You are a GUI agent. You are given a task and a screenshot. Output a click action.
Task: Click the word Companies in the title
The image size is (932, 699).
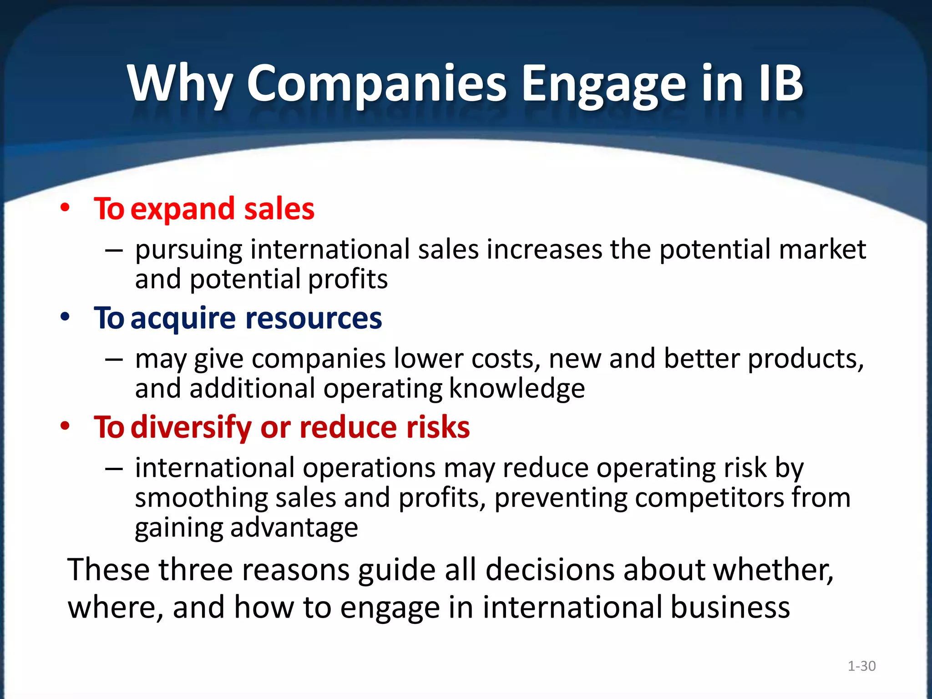click(376, 84)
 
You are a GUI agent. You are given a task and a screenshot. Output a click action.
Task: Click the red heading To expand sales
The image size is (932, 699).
click(204, 209)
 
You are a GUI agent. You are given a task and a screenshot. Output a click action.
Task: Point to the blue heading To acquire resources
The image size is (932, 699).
click(238, 318)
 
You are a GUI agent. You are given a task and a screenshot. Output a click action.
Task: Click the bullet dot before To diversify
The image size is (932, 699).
click(65, 426)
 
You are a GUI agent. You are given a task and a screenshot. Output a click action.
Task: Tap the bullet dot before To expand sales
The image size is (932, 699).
click(65, 208)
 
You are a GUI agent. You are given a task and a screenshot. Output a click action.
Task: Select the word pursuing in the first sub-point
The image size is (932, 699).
click(188, 250)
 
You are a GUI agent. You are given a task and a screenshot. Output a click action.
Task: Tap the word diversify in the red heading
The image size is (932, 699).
click(191, 427)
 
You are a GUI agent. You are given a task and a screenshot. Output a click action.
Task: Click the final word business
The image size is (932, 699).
click(730, 608)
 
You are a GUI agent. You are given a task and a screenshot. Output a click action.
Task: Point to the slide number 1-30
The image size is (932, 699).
click(861, 666)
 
